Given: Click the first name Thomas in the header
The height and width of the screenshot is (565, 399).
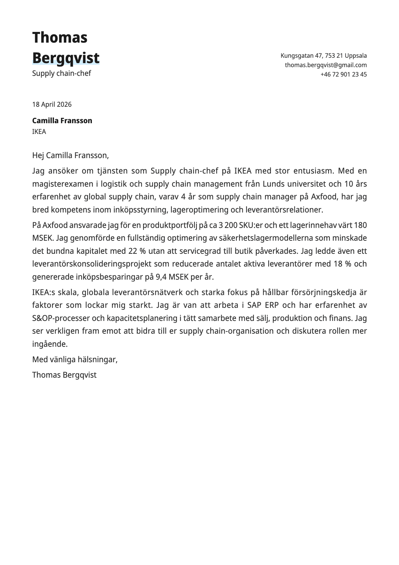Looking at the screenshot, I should [60, 37].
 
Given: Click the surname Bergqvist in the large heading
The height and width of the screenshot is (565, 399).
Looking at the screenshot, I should [66, 58].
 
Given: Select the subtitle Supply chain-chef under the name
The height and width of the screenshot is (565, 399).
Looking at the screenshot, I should [61, 73].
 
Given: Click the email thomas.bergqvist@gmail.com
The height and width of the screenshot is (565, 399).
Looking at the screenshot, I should [326, 65].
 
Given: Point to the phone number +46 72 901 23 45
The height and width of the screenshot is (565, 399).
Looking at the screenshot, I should [343, 75].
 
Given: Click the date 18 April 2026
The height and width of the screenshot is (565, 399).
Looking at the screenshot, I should [52, 104].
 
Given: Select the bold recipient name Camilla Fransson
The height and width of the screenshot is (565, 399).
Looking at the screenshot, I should [62, 121].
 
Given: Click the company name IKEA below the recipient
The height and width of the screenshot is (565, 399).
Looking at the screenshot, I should [39, 132].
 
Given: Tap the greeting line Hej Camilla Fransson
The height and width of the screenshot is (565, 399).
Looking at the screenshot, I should [70, 155].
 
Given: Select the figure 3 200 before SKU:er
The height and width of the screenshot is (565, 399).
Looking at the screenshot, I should [228, 225].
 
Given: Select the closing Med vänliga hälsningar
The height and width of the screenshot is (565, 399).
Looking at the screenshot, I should [74, 360].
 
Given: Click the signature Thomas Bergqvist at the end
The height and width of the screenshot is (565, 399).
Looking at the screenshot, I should [64, 375].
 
